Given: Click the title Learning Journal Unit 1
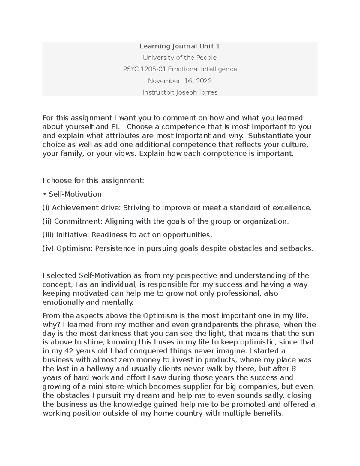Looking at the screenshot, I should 180,46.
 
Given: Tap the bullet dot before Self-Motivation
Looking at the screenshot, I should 45,194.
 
